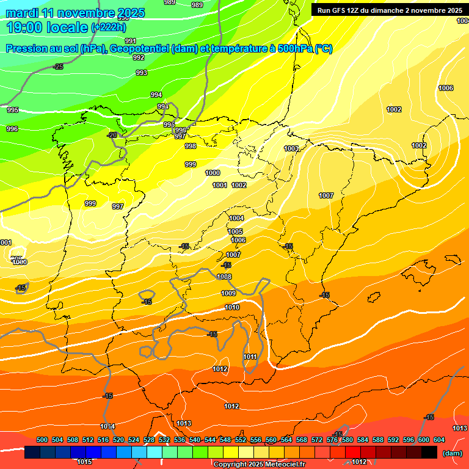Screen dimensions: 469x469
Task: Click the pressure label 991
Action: [x=130, y=41]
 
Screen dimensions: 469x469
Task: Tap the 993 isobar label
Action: [x=142, y=73]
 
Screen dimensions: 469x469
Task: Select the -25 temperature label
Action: [x=58, y=67]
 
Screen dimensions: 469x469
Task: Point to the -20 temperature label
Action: [x=112, y=135]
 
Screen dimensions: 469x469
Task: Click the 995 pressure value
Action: [x=12, y=110]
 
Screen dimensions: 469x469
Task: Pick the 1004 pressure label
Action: [x=236, y=218]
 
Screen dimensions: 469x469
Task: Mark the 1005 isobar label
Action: [x=235, y=231]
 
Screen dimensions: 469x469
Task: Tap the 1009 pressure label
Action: [x=228, y=293]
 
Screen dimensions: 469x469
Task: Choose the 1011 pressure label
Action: [x=250, y=357]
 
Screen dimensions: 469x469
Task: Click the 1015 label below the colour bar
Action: [x=85, y=462]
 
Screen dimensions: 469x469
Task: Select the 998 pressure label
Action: [x=191, y=146]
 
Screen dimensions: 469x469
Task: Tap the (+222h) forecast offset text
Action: [x=108, y=27]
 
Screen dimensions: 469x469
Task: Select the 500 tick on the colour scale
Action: [x=42, y=440]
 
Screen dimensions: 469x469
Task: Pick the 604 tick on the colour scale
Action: [x=439, y=440]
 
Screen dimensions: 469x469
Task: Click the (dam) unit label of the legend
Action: [x=452, y=453]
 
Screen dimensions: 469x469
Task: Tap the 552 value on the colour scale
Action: [x=241, y=440]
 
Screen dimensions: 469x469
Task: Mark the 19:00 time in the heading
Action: [x=25, y=27]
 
